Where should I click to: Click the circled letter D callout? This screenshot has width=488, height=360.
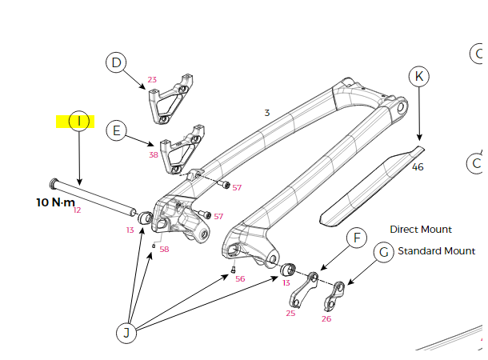[117, 62]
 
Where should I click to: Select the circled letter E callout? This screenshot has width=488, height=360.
[117, 130]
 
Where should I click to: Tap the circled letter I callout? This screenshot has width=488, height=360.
[79, 122]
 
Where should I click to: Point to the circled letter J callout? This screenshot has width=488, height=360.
[126, 331]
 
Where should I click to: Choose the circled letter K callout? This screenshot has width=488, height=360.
[419, 77]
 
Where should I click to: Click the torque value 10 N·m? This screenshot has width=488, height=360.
[55, 202]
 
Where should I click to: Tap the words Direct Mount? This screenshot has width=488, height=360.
[421, 230]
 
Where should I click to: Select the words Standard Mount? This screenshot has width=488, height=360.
[436, 251]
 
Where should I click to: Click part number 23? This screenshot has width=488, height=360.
[152, 80]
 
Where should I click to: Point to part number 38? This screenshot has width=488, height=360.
[154, 154]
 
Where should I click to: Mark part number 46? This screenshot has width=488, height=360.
[418, 167]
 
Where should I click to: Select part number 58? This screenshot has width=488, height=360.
[164, 250]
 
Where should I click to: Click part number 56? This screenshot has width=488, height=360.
[240, 279]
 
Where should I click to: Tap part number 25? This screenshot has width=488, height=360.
[290, 313]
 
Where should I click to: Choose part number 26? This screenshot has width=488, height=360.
[326, 318]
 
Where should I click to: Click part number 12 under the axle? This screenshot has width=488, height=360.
[77, 210]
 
